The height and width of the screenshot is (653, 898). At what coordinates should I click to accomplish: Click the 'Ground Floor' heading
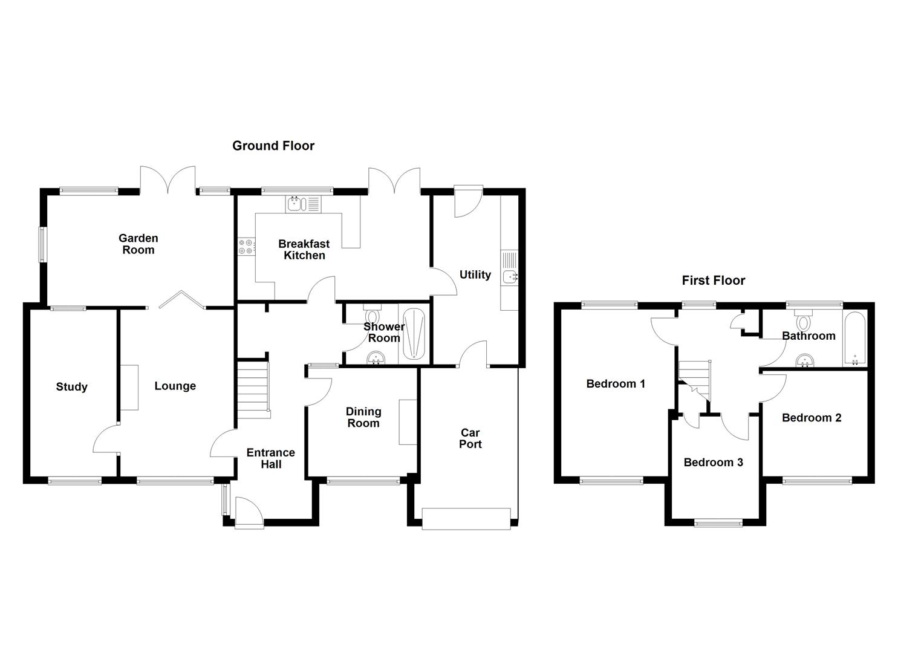tap(273, 146)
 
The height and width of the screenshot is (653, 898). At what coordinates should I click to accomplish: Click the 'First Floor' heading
tap(713, 281)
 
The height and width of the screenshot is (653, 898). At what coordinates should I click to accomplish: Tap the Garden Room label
tap(138, 244)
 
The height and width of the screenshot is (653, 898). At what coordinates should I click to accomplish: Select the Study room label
tap(71, 387)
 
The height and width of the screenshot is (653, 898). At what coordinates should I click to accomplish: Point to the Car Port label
tap(470, 438)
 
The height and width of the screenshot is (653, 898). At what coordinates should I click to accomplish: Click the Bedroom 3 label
tap(713, 463)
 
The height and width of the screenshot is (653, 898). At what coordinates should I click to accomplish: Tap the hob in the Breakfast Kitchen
tap(246, 246)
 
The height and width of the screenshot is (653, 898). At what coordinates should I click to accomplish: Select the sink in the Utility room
tap(510, 276)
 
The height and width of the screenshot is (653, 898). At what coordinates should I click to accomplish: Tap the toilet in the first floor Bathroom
tap(804, 318)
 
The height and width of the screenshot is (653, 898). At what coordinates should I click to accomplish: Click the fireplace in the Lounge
tap(129, 388)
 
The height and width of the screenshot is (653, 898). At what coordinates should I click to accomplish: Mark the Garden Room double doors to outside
tap(168, 181)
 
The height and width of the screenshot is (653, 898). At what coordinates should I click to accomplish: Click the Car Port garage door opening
tap(466, 519)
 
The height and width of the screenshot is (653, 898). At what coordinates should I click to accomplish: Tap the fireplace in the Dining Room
tap(408, 422)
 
